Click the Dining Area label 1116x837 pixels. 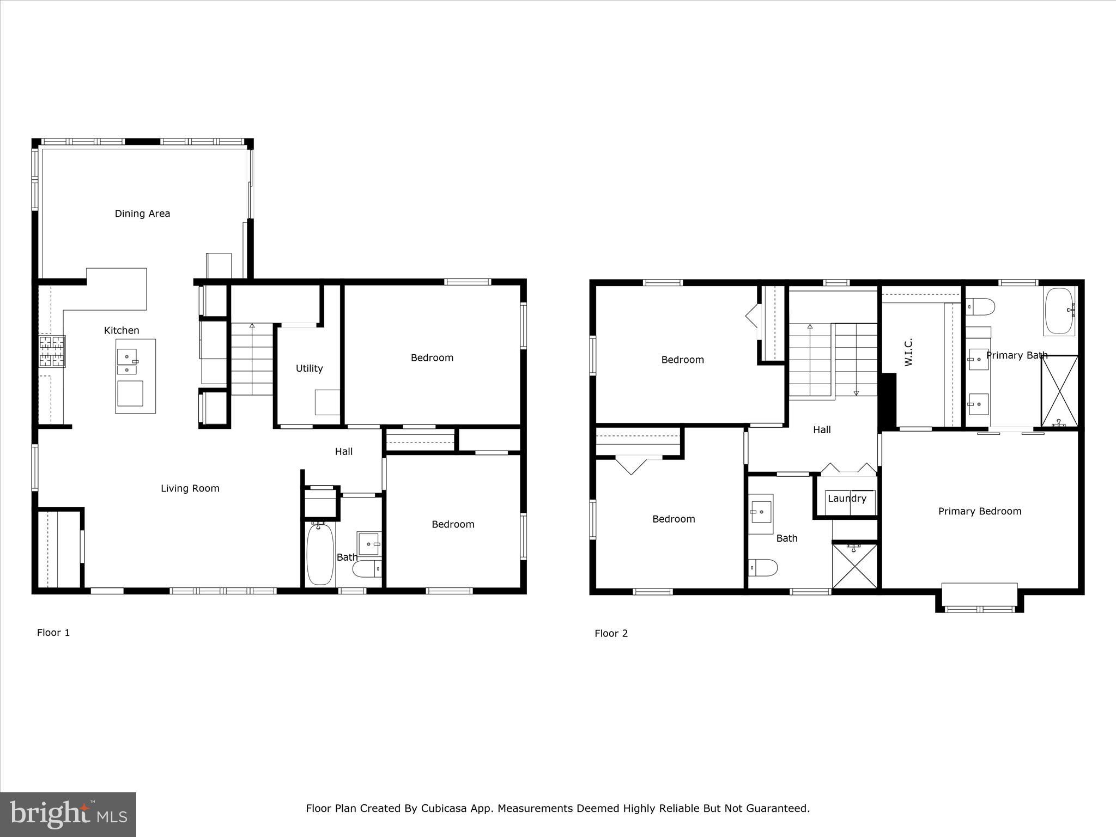click(142, 214)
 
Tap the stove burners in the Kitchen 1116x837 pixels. click(52, 351)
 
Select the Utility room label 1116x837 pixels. click(309, 368)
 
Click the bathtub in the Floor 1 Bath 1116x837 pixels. click(320, 554)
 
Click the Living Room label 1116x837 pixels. click(190, 488)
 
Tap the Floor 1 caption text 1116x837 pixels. click(53, 633)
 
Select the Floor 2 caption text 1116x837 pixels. click(611, 633)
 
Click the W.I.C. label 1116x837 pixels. click(908, 352)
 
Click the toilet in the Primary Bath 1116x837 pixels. click(980, 307)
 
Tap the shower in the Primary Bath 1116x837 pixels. click(1059, 391)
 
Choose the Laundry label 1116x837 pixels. click(846, 498)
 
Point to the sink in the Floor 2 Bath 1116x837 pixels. click(760, 512)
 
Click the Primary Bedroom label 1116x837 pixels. click(979, 511)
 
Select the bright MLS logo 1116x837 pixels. click(68, 814)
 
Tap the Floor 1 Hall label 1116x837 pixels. click(343, 451)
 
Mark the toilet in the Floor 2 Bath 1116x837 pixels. click(762, 567)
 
